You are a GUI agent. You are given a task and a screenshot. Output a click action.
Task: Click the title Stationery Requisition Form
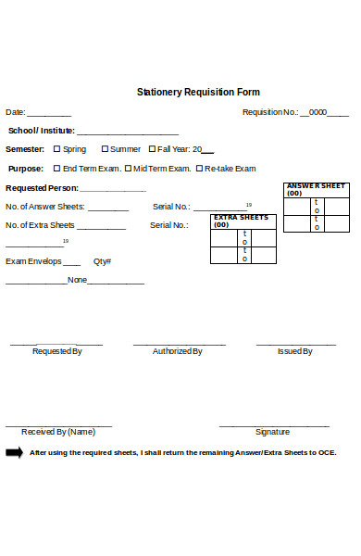pyautogui.click(x=198, y=93)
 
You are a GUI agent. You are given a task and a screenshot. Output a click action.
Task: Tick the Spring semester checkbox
pyautogui.click(x=56, y=149)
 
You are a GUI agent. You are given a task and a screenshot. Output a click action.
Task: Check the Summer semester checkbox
pyautogui.click(x=105, y=149)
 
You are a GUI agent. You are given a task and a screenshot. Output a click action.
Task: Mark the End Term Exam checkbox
pyautogui.click(x=56, y=169)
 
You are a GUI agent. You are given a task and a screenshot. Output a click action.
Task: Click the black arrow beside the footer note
pyautogui.click(x=14, y=452)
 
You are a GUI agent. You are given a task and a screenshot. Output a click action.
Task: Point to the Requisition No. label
pyautogui.click(x=270, y=112)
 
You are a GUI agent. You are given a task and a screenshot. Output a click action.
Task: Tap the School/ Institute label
pyautogui.click(x=42, y=131)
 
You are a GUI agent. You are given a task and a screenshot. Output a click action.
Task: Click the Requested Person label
pyautogui.click(x=42, y=188)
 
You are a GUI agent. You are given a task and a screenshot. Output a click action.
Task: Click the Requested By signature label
pyautogui.click(x=57, y=352)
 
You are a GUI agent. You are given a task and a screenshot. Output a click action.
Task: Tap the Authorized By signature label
pyautogui.click(x=178, y=352)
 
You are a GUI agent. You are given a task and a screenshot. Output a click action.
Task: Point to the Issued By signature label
pyautogui.click(x=295, y=352)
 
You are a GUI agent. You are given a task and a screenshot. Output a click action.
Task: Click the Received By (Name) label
pyautogui.click(x=58, y=432)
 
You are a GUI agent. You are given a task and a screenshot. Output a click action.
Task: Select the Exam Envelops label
pyautogui.click(x=33, y=261)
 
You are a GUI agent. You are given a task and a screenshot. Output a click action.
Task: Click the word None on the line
pyautogui.click(x=78, y=280)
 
